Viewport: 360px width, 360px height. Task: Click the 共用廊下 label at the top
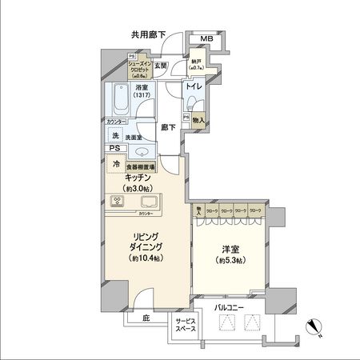click(x=148, y=34)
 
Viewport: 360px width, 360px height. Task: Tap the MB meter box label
click(x=206, y=40)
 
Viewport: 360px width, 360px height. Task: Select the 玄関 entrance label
click(x=160, y=65)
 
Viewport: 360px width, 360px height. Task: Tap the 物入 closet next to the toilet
click(x=199, y=121)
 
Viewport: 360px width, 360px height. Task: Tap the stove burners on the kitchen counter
click(x=117, y=202)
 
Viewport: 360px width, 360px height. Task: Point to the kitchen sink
click(x=150, y=201)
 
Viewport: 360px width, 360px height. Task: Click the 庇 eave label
click(x=146, y=318)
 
